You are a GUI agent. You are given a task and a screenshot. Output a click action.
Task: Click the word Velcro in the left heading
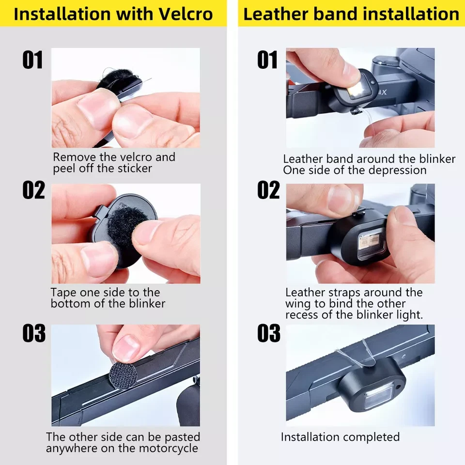(186, 14)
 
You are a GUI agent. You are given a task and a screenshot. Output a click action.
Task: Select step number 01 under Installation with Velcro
(32, 60)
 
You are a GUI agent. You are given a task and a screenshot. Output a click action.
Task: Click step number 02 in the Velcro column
(33, 190)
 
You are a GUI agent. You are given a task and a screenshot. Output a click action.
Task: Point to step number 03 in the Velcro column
(34, 333)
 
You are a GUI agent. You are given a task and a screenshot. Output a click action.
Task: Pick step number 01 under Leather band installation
(267, 60)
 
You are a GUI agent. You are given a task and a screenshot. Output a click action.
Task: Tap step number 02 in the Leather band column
(268, 190)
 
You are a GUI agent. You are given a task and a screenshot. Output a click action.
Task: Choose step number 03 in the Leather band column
(269, 333)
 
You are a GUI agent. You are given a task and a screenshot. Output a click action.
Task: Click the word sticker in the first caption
(135, 169)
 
